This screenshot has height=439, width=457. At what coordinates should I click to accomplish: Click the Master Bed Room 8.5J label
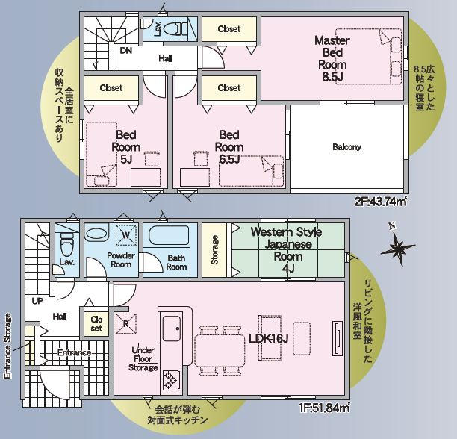pos(332,58)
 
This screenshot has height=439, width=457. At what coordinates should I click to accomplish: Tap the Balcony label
pos(346,147)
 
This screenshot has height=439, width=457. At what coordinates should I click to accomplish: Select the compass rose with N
pos(397,246)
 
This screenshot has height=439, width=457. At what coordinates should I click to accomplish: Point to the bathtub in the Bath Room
pos(169,236)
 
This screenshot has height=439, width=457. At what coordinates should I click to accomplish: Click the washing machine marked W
pos(126,234)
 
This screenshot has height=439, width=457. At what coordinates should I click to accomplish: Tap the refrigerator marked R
pos(126,323)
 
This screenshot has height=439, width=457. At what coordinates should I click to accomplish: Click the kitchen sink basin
pos(172,329)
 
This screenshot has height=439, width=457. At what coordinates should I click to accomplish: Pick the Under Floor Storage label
pos(143,359)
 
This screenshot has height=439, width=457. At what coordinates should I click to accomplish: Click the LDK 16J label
pos(268,338)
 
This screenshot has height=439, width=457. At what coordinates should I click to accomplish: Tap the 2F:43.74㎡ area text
pos(380,202)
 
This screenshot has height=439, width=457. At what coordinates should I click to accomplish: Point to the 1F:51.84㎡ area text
pos(324,408)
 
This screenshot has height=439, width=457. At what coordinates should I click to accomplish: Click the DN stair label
pos(126,51)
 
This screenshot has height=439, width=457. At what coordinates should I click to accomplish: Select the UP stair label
pos(37,301)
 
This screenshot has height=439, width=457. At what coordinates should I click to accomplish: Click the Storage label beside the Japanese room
pos(214,250)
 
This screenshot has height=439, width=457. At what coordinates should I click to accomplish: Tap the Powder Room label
pos(121,260)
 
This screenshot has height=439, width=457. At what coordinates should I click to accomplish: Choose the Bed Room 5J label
pos(126,147)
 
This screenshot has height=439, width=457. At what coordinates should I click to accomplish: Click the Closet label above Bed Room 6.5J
pos(229,87)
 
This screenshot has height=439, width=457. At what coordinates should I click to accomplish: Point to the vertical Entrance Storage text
pos(8,346)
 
